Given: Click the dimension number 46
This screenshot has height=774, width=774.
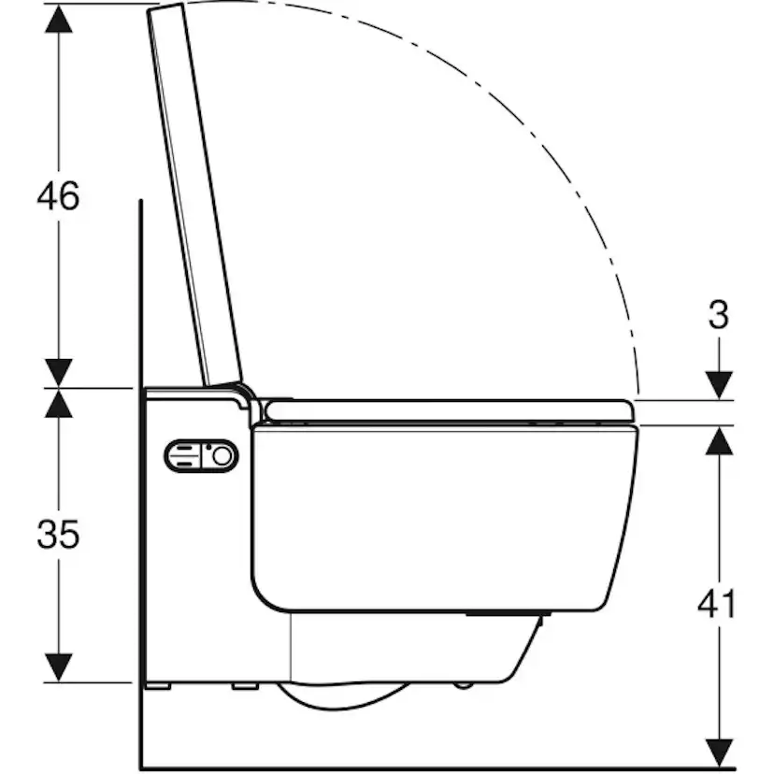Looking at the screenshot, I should click(58, 196).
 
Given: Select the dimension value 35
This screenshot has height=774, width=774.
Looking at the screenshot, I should click(58, 535).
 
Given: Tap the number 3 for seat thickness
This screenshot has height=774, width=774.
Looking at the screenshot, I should click(718, 316).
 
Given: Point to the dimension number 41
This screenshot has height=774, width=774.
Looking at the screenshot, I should click(717, 605).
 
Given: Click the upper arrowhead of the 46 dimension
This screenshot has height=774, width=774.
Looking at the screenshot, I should click(59, 20).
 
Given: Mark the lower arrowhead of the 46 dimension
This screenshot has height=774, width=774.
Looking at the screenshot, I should click(59, 372).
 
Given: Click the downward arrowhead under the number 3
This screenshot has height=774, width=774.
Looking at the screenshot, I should click(718, 384).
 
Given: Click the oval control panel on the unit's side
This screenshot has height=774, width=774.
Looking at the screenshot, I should click(201, 456).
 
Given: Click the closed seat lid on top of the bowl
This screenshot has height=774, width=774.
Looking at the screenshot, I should click(449, 410).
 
